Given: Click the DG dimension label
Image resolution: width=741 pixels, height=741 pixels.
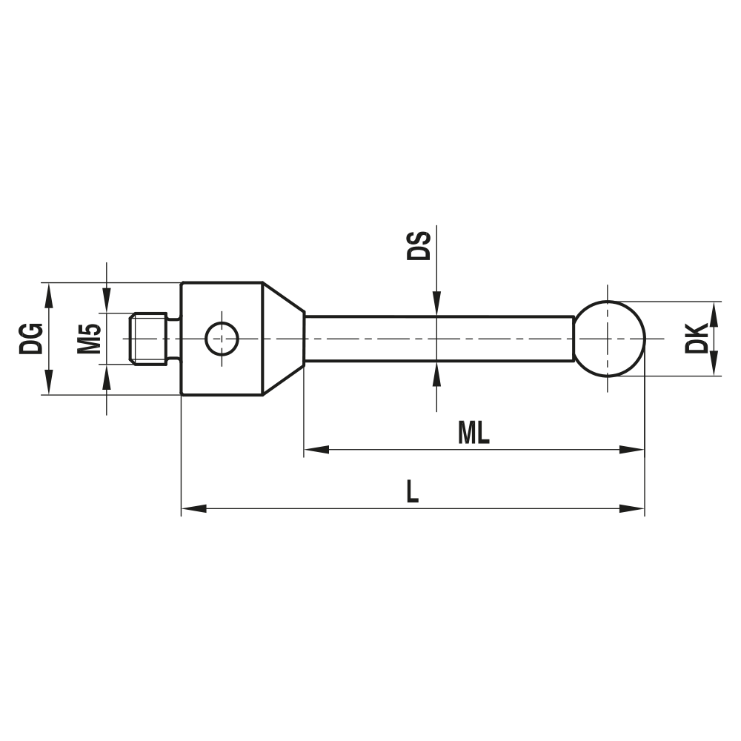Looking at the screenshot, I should point(31,339).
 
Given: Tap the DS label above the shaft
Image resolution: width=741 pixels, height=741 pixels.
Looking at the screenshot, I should point(419,245).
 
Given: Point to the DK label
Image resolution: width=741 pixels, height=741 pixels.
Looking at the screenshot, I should point(697,339).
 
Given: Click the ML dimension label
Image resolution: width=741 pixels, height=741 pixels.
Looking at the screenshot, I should point(473,433).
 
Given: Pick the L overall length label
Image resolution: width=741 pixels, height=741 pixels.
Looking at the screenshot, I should point(412,492).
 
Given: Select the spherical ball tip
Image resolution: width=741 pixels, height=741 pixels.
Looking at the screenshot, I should point(609,339).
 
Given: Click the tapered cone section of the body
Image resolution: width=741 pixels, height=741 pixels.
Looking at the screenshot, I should point(283,339).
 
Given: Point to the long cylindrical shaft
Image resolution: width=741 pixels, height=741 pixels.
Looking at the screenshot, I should point(437,339).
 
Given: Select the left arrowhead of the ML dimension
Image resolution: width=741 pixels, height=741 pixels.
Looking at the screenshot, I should point(316,449).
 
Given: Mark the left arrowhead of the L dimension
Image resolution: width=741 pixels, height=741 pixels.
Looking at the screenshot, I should point(193,508).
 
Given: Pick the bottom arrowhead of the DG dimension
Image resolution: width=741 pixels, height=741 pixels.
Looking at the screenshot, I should point(50,383).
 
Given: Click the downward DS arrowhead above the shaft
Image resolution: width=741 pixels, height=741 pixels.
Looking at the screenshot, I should point(437,305).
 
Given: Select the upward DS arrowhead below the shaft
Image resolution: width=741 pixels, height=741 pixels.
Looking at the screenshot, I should point(437,373).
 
